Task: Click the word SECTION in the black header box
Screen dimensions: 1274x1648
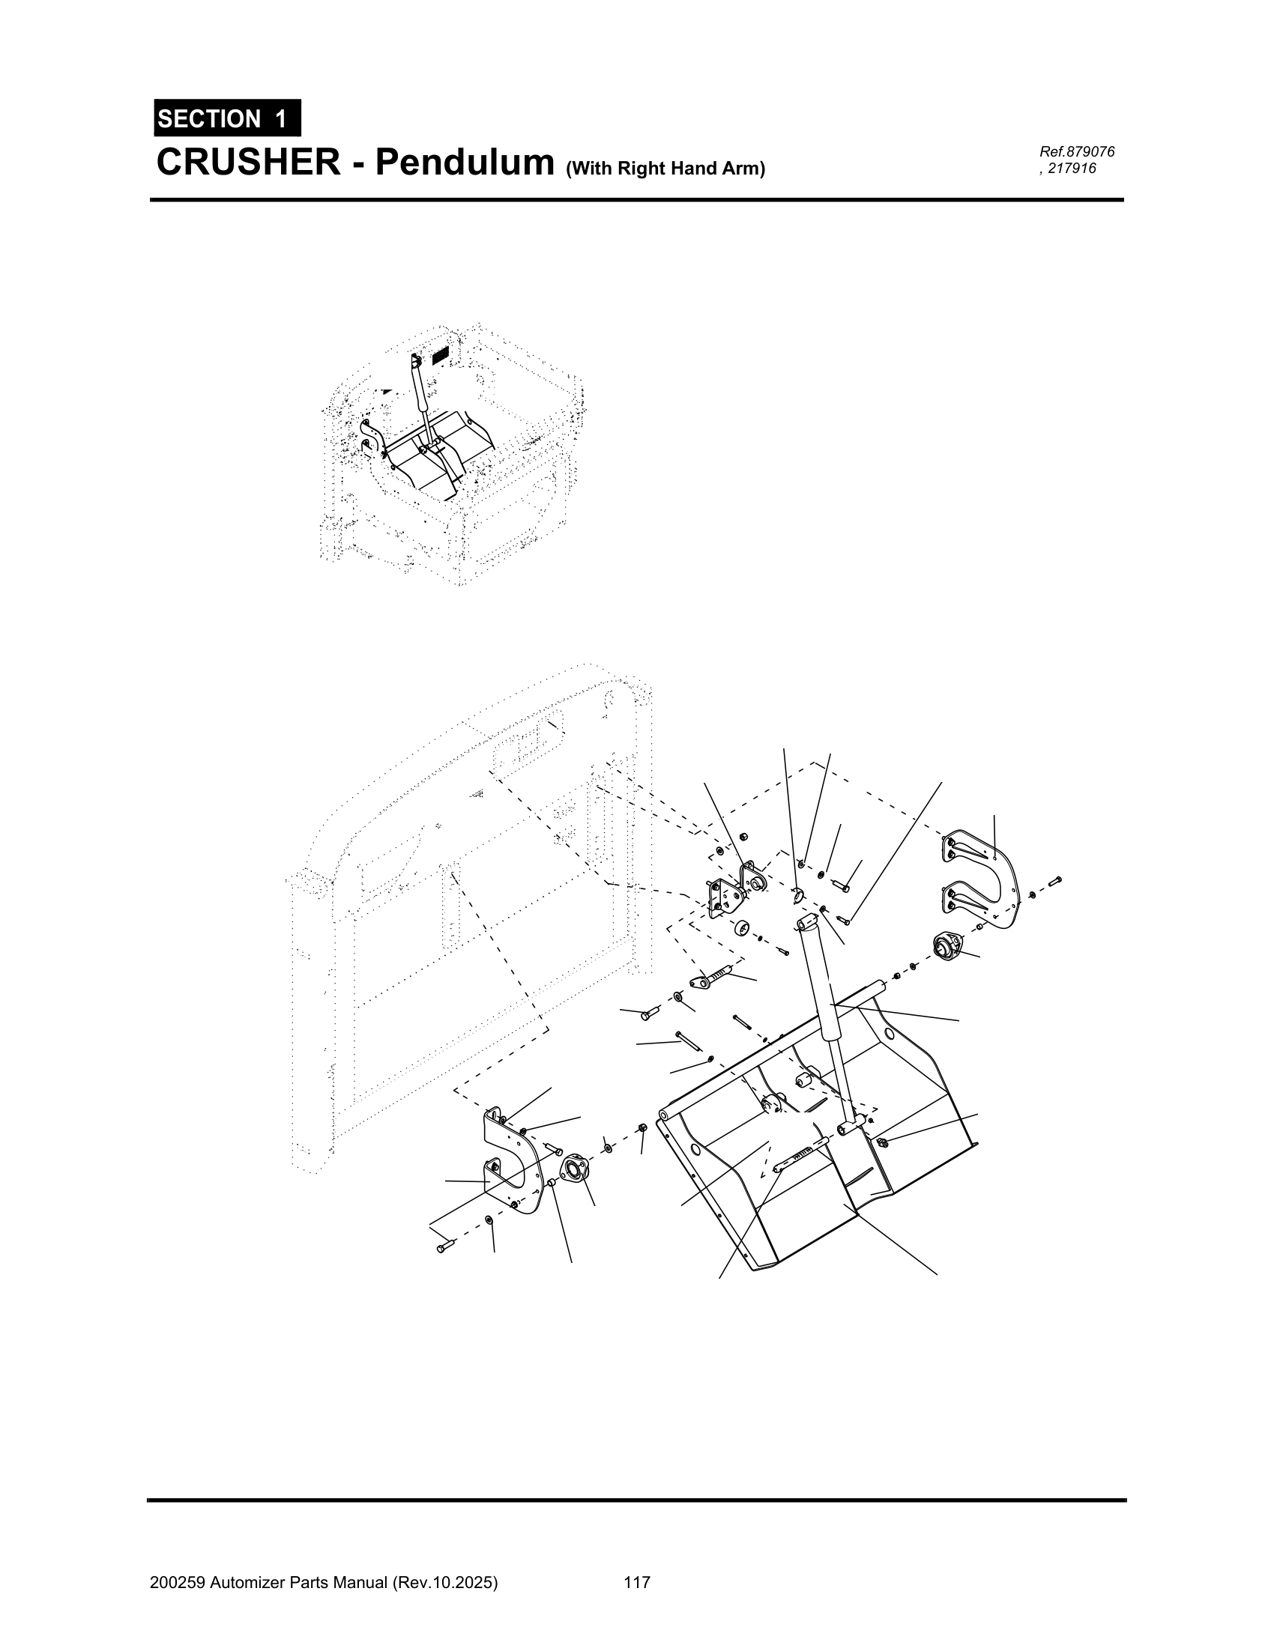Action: (x=209, y=118)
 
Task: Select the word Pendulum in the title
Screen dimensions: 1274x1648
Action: (x=464, y=163)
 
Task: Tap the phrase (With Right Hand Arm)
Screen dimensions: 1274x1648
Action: (x=665, y=169)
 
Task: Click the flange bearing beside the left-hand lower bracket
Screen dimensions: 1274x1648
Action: (x=576, y=1169)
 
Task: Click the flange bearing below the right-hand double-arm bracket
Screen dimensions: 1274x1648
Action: (x=948, y=945)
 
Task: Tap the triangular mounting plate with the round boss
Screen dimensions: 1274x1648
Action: (x=725, y=899)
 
